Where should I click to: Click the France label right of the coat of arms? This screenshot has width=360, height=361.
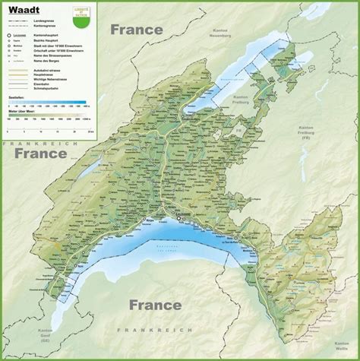137,30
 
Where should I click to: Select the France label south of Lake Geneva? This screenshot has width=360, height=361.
155,305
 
